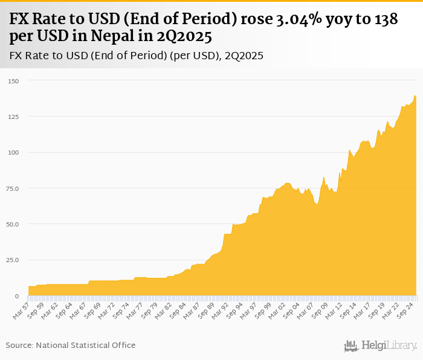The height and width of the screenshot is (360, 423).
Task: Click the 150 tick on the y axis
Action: click(14, 81)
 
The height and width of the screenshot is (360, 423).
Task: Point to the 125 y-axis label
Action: click(14, 117)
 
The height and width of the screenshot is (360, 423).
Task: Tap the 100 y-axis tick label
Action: click(14, 153)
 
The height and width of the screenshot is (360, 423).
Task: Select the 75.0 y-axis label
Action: click(13, 188)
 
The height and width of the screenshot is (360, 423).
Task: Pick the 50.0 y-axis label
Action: click(13, 224)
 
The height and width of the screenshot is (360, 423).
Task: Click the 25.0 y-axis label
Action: click(13, 260)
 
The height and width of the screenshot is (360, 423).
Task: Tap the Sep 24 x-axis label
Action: click(406, 309)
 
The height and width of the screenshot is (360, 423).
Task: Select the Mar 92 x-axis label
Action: click(219, 309)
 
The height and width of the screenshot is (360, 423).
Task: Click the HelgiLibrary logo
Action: click(380, 346)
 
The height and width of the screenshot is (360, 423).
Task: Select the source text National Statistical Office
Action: click(85, 345)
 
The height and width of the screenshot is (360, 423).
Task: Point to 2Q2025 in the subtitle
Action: click(243, 56)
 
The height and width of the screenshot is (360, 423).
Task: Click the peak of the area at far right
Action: click(415, 95)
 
